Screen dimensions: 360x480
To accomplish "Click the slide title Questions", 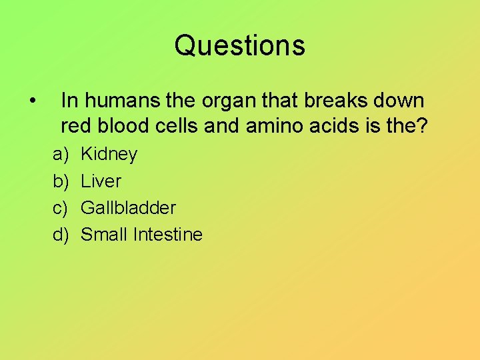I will (240, 46).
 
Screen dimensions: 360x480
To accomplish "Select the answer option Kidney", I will (109, 155).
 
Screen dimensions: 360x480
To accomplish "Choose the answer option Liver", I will (101, 181).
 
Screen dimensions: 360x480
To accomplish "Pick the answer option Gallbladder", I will (128, 208).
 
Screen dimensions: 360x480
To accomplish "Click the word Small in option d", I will (105, 235).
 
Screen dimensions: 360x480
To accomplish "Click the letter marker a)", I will (61, 155).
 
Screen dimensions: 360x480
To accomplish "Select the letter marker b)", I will (61, 181).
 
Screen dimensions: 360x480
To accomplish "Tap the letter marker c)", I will (61, 208).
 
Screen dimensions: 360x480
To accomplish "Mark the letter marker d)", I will (61, 235).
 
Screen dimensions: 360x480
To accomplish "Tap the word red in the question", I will (74, 125).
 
